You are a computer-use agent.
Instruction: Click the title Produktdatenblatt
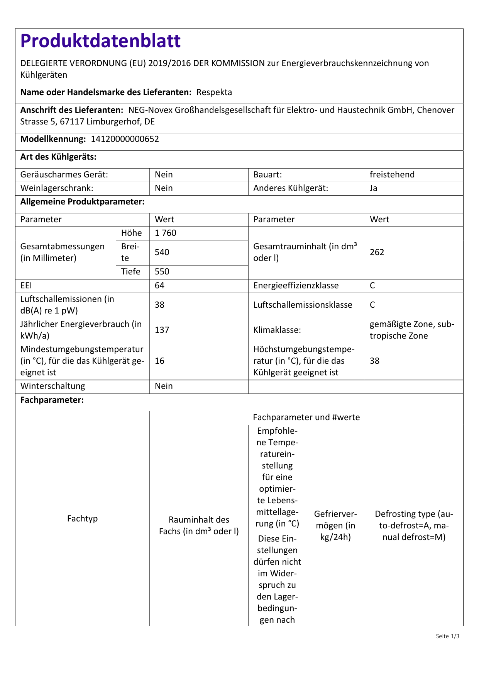pyautogui.click(x=100, y=41)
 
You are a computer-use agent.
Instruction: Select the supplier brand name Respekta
pyautogui.click(x=214, y=92)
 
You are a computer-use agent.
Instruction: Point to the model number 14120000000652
pyautogui.click(x=125, y=139)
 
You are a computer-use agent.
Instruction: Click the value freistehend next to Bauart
pyautogui.click(x=392, y=175)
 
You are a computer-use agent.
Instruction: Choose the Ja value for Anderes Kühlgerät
pyautogui.click(x=373, y=188)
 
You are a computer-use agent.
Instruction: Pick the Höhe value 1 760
pyautogui.click(x=165, y=233)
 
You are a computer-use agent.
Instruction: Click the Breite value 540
pyautogui.click(x=162, y=252)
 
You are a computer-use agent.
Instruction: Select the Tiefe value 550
pyautogui.click(x=162, y=272)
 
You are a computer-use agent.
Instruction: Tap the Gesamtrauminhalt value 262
pyautogui.click(x=377, y=252)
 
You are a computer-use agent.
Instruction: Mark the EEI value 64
pyautogui.click(x=159, y=286)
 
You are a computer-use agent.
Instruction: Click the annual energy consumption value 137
pyautogui.click(x=162, y=330)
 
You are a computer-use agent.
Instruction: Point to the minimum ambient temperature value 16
pyautogui.click(x=159, y=361)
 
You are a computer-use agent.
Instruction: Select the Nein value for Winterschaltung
pyautogui.click(x=164, y=386)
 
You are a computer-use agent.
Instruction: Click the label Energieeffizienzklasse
pyautogui.click(x=296, y=286)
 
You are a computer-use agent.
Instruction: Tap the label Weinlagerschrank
pyautogui.click(x=57, y=188)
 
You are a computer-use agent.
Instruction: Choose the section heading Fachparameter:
pyautogui.click(x=52, y=400)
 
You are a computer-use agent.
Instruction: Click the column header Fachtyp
pyautogui.click(x=82, y=519)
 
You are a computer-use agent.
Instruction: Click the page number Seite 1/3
pyautogui.click(x=447, y=636)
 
